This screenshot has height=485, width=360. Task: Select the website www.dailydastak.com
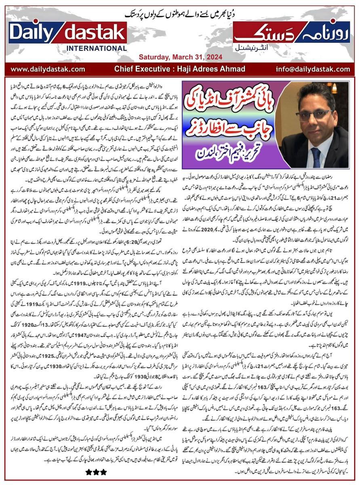pyautogui.click(x=47, y=69)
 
